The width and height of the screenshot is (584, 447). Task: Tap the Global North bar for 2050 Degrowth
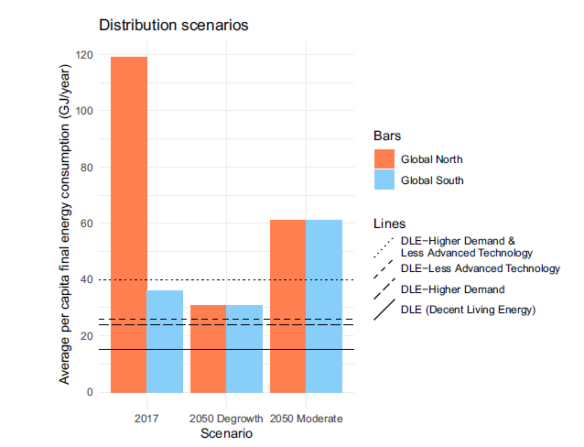tap(208, 348)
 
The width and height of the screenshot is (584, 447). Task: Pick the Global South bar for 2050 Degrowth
tap(244, 348)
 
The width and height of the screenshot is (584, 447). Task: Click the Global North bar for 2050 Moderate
tap(287, 306)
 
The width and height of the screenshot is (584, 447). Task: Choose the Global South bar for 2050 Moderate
tap(324, 306)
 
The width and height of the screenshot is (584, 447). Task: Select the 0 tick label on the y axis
tap(91, 392)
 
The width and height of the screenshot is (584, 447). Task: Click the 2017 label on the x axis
tap(146, 419)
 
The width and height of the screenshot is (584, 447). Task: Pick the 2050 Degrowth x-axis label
tap(226, 419)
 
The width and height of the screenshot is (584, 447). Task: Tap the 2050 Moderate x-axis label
tap(307, 419)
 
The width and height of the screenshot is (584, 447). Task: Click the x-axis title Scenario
tap(226, 435)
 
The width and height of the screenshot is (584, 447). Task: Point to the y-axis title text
tap(65, 224)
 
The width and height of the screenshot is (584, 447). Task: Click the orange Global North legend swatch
tap(384, 158)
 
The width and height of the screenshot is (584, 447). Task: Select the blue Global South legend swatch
tap(384, 180)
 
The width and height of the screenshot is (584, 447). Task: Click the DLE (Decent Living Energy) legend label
tap(468, 310)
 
